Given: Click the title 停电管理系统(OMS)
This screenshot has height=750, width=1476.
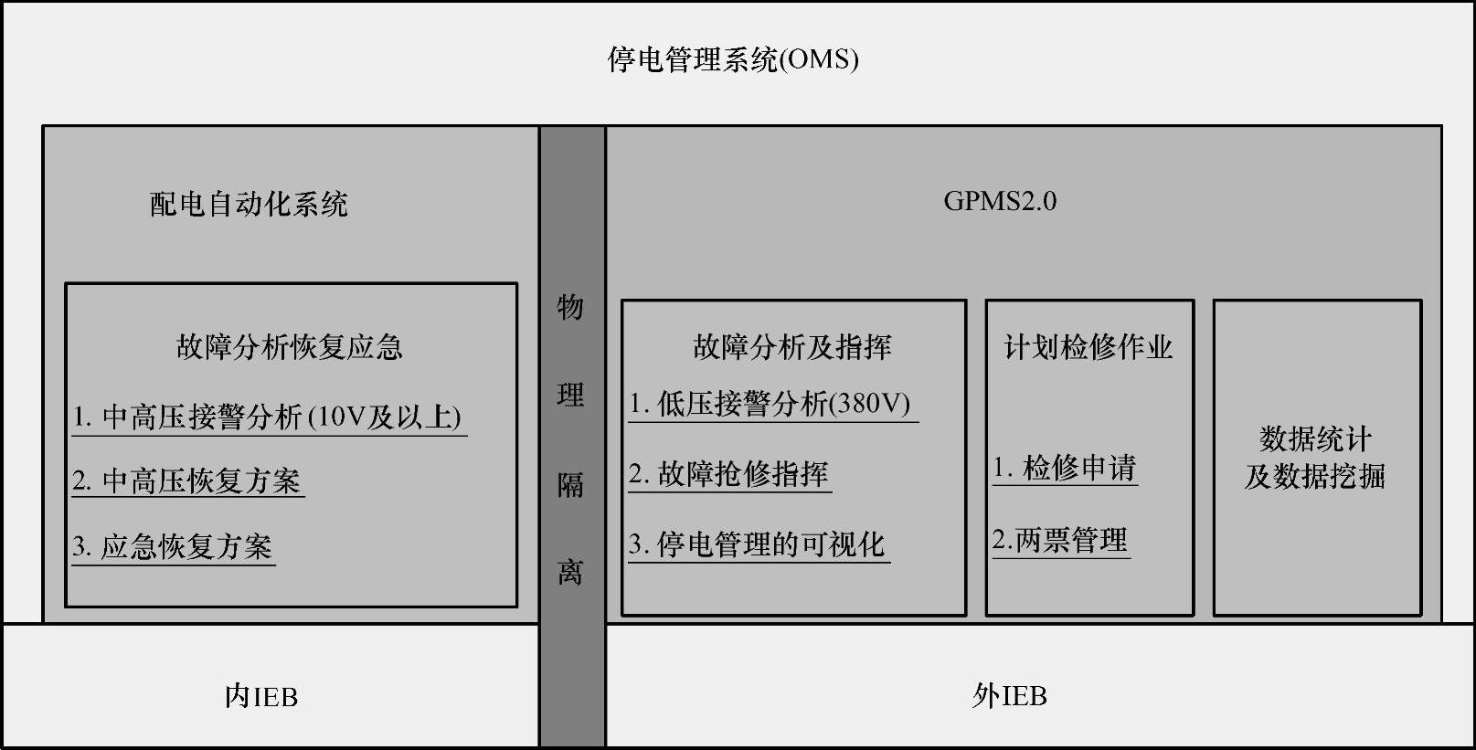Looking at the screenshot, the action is pyautogui.click(x=733, y=59).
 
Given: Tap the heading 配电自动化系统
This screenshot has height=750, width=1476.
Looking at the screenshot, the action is pyautogui.click(x=249, y=203).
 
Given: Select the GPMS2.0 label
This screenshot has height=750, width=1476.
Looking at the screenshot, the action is pyautogui.click(x=1000, y=201).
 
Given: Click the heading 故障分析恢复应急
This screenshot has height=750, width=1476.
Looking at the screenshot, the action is pyautogui.click(x=289, y=346).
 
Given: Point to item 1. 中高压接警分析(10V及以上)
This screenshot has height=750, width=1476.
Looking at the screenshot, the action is pyautogui.click(x=268, y=417).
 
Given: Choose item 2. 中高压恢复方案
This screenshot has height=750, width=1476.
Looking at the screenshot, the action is pyautogui.click(x=187, y=481).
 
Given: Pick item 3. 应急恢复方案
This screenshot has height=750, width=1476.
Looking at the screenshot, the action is pyautogui.click(x=173, y=546).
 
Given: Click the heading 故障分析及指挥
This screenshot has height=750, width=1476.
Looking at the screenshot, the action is pyautogui.click(x=791, y=346).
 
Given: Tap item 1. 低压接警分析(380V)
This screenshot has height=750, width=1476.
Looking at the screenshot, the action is pyautogui.click(x=770, y=403).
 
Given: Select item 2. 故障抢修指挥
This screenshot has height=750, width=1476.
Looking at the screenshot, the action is pyautogui.click(x=728, y=473).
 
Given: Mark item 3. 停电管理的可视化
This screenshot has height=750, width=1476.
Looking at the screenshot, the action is pyautogui.click(x=758, y=544).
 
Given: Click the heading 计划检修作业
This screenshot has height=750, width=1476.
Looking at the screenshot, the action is pyautogui.click(x=1088, y=346).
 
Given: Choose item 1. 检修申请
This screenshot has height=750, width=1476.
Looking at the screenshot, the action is pyautogui.click(x=1065, y=468).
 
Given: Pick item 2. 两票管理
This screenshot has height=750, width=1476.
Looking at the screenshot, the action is pyautogui.click(x=1060, y=540).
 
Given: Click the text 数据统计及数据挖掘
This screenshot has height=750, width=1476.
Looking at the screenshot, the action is pyautogui.click(x=1315, y=458).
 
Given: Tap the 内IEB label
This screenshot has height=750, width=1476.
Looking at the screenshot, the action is pyautogui.click(x=261, y=697).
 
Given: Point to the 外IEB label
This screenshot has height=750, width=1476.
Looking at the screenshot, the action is pyautogui.click(x=1010, y=696).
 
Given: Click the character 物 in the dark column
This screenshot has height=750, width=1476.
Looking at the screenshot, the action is pyautogui.click(x=570, y=307).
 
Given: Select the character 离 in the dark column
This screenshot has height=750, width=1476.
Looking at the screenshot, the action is pyautogui.click(x=570, y=572).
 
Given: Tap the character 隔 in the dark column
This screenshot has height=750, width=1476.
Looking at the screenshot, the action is pyautogui.click(x=570, y=484).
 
